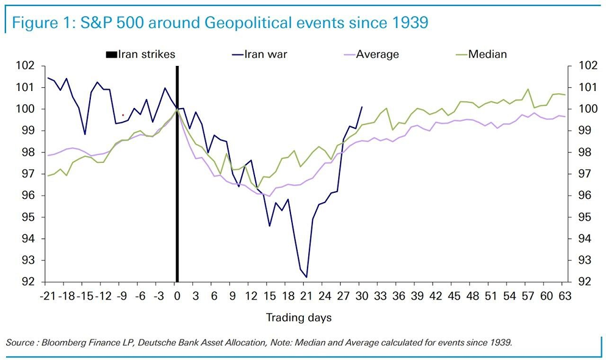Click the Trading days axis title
[298, 317]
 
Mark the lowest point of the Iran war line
[306, 277]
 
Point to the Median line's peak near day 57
[528, 89]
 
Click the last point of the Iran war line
[362, 107]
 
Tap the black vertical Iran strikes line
[177, 183]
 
